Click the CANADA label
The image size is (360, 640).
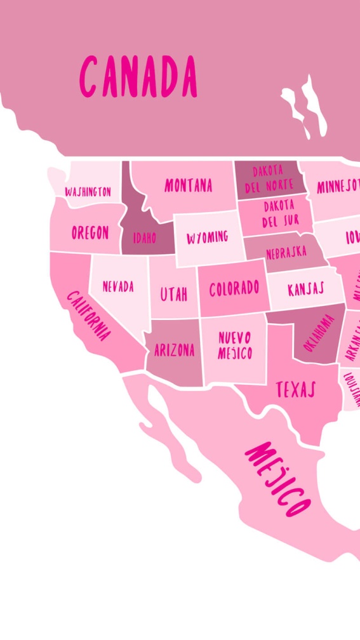pyautogui.click(x=138, y=76)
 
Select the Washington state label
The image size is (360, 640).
pyautogui.click(x=88, y=191)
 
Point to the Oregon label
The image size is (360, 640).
pyautogui.click(x=90, y=232)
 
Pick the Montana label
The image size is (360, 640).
pyautogui.click(x=188, y=185)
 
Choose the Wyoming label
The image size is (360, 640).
pyautogui.click(x=207, y=238)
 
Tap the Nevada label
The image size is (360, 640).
pyautogui.click(x=118, y=286)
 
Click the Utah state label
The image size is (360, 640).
pyautogui.click(x=173, y=294)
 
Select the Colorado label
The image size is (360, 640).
pyautogui.click(x=234, y=289)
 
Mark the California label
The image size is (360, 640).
pyautogui.click(x=89, y=316)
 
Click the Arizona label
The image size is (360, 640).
pyautogui.click(x=175, y=350)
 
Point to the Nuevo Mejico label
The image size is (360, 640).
pyautogui.click(x=235, y=345)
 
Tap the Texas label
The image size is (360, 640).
pyautogui.click(x=295, y=389)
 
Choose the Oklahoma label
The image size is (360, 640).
pyautogui.click(x=319, y=333)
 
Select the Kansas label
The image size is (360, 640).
pyautogui.click(x=305, y=290)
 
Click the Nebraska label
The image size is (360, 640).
pyautogui.click(x=286, y=253)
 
